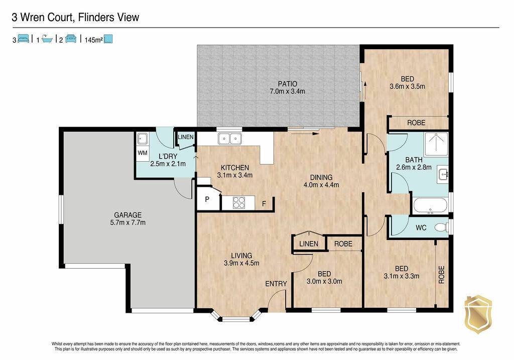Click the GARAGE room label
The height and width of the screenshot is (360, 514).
click(x=128, y=215)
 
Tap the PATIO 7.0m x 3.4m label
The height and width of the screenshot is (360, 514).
click(x=287, y=87)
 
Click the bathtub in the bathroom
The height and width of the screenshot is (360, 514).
click(x=430, y=206)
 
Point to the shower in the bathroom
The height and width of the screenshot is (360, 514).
click(x=436, y=144)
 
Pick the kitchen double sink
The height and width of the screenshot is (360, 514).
click(x=229, y=139)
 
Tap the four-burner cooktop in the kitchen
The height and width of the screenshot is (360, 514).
click(x=238, y=202)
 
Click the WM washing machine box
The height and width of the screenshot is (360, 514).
click(x=142, y=153)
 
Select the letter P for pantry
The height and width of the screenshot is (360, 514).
click(x=207, y=199)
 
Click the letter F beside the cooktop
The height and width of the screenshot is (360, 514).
click(x=264, y=204)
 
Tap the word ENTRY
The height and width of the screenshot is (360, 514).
click(x=276, y=284)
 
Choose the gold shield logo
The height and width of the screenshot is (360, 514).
click(x=478, y=314)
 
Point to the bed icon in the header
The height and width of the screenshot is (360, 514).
click(x=23, y=38)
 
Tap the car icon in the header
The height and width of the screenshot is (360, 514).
click(x=71, y=38)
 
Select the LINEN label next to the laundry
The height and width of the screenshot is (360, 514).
click(x=186, y=137)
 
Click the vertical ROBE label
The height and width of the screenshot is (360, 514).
click(x=441, y=275)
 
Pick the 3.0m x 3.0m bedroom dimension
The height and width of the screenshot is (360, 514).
click(x=324, y=281)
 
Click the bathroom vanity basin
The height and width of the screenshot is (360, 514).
click(x=444, y=173)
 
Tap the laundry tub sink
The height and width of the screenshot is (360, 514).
click(x=142, y=139)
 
